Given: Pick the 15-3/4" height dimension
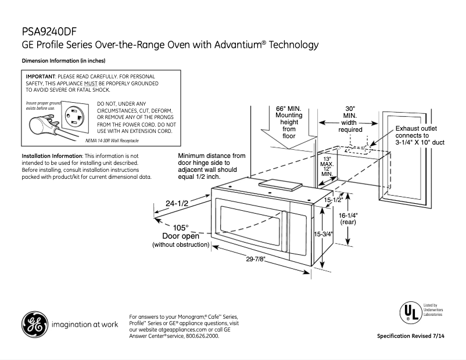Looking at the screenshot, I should (x=323, y=235).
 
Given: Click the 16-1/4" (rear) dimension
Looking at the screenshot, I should (x=348, y=218).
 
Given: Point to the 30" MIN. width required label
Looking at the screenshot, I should (x=350, y=119).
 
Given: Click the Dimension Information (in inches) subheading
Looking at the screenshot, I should (x=63, y=61).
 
